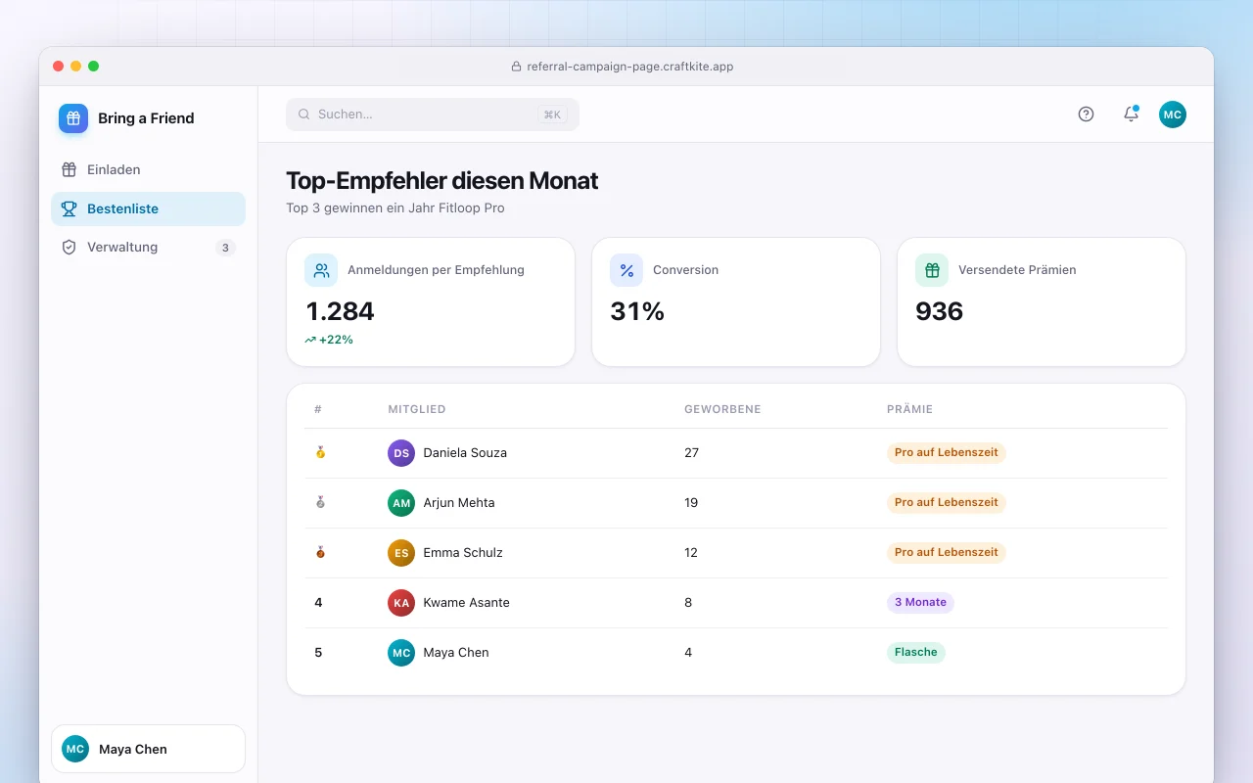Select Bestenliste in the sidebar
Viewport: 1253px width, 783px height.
click(x=148, y=208)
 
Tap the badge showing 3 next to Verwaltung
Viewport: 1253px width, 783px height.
click(x=225, y=248)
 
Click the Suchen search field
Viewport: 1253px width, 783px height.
click(x=433, y=115)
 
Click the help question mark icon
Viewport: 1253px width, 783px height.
click(x=1086, y=115)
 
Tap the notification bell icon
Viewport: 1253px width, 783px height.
click(x=1131, y=114)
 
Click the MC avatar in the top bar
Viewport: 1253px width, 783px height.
click(x=1173, y=115)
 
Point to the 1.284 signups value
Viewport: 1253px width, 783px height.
click(x=340, y=311)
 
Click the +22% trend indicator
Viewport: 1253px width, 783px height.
click(x=329, y=340)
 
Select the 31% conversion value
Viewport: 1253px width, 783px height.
click(x=637, y=311)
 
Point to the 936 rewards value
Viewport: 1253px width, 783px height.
click(x=939, y=311)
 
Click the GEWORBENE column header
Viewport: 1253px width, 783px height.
click(x=722, y=409)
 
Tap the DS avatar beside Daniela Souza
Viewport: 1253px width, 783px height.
click(x=401, y=452)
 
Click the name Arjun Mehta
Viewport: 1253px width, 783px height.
click(x=459, y=502)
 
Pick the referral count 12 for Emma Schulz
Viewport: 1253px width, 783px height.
click(x=691, y=553)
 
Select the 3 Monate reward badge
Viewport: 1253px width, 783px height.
click(x=920, y=602)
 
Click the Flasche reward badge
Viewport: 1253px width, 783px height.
click(x=915, y=652)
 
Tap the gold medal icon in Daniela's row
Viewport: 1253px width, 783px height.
click(x=320, y=452)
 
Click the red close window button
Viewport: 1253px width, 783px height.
click(x=58, y=66)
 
